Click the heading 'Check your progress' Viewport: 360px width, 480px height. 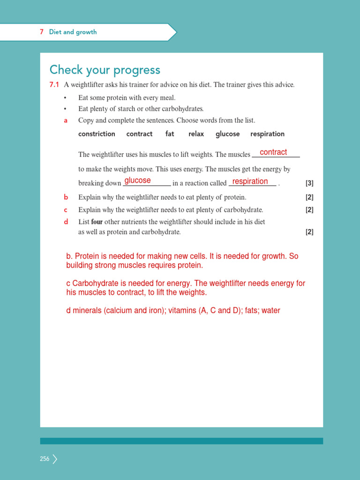pos(105,70)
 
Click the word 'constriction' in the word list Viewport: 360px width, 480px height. pos(97,134)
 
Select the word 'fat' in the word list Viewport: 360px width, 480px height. pos(170,134)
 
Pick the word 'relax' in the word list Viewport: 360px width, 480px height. pos(196,134)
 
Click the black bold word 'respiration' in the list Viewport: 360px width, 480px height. pos(267,134)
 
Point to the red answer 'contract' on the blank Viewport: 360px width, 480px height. pos(273,152)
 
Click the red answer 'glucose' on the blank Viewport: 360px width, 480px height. pos(137,180)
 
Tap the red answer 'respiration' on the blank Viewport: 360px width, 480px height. pos(250,181)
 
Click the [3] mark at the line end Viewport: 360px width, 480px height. pos(309,183)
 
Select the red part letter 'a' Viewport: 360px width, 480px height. pos(66,120)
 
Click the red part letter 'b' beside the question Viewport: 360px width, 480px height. pos(66,197)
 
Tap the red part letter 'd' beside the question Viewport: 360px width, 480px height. pos(66,222)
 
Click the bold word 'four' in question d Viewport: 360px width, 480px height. pos(97,222)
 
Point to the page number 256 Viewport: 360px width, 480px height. pos(45,459)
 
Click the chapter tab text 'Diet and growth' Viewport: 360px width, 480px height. pos(73,32)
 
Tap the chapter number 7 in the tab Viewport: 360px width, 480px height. pos(42,32)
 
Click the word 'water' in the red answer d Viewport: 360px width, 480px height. pos(271,310)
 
